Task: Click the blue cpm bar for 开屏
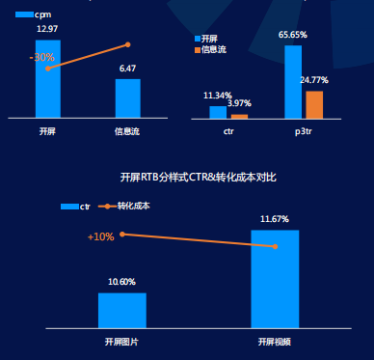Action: pos(47,78)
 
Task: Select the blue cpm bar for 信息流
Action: pos(127,97)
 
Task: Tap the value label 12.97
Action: pos(47,29)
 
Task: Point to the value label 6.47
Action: pos(127,69)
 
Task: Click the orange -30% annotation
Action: pos(41,58)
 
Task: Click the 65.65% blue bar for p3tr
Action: pos(293,81)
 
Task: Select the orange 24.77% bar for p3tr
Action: pos(314,104)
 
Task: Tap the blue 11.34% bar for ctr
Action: pos(218,112)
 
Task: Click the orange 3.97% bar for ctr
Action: pos(239,116)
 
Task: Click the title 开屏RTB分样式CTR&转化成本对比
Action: pos(198,178)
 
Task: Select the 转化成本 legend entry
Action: pos(127,206)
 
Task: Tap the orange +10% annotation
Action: pos(101,236)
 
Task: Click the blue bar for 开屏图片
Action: pos(121,310)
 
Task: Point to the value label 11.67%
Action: pos(275,219)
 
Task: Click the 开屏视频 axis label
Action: pos(275,342)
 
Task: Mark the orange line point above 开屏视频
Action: pos(276,246)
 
